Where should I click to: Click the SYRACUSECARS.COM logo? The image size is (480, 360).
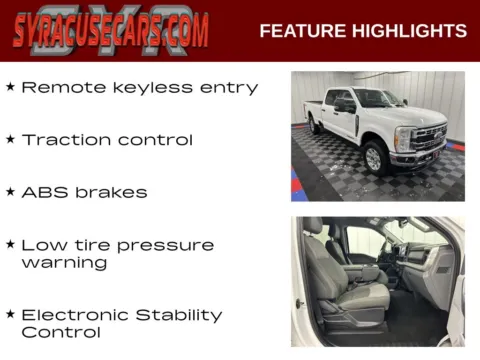tap(111, 31)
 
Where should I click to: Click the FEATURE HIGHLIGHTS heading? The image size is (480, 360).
tap(363, 31)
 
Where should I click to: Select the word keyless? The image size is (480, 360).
tap(153, 88)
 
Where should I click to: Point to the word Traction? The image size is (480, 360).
tap(65, 140)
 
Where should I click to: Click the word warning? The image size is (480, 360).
tap(64, 263)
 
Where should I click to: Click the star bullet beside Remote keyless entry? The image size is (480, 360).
tap(10, 87)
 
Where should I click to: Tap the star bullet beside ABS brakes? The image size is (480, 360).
tap(10, 192)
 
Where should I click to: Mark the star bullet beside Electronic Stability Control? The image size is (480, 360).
tap(10, 315)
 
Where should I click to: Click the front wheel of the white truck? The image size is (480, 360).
tap(375, 157)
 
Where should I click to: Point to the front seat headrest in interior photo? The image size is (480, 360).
tap(313, 227)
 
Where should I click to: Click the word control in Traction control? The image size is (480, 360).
tap(155, 140)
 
